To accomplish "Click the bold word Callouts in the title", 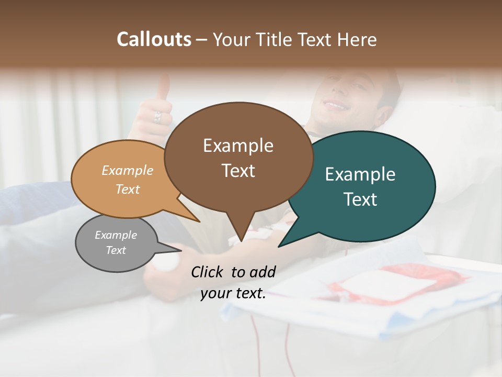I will [154, 39].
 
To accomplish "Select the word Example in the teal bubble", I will [360, 174].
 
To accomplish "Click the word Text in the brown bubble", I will [238, 171].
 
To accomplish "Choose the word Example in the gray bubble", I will [116, 235].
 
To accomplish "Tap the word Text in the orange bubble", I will [128, 190].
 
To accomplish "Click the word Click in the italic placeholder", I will [208, 272].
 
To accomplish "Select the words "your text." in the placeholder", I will [233, 294].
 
